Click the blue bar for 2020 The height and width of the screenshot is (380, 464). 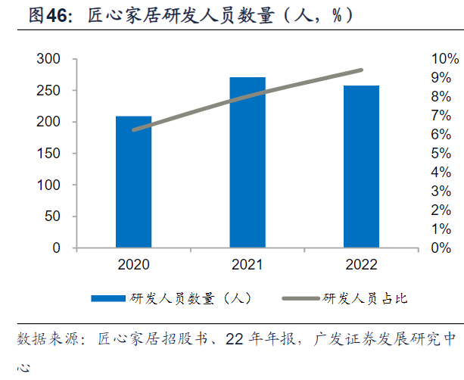point(133,182)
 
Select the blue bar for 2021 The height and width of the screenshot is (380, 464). point(248,162)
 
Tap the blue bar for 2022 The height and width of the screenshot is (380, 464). point(361,167)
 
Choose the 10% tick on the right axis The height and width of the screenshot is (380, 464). point(445,59)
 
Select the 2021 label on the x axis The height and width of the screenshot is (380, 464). point(248,265)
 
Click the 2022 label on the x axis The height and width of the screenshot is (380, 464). point(361,265)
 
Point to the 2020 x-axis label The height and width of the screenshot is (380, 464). point(133,265)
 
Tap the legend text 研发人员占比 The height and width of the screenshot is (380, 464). point(366,298)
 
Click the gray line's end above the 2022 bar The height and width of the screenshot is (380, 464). point(361,70)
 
